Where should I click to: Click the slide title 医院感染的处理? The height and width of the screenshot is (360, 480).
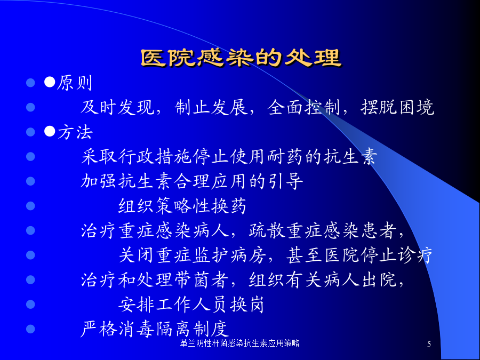(241, 58)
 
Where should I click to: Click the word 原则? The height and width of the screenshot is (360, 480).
(75, 83)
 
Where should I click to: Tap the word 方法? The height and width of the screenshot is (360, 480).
(75, 132)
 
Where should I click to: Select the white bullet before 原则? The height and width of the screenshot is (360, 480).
(50, 82)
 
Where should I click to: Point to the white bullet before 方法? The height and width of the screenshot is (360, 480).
(50, 131)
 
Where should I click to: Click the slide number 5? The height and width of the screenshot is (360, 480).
(429, 344)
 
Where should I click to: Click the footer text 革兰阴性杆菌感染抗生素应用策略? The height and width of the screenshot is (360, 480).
(239, 343)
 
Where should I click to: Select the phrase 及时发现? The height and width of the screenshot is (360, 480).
(117, 107)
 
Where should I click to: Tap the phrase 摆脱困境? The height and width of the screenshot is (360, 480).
(397, 107)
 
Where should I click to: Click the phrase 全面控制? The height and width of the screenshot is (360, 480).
(304, 107)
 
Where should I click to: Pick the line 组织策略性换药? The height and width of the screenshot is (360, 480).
(182, 206)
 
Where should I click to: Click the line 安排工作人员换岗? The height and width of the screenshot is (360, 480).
(191, 305)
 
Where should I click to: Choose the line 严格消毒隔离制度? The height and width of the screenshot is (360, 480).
(155, 329)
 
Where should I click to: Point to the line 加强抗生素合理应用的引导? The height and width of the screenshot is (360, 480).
(192, 181)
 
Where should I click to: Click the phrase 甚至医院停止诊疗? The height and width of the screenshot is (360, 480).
(359, 255)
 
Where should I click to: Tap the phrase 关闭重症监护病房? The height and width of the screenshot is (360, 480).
(192, 255)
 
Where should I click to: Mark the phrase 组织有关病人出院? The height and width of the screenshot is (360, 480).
(322, 279)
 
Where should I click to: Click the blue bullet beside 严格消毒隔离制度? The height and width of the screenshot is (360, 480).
(30, 329)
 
